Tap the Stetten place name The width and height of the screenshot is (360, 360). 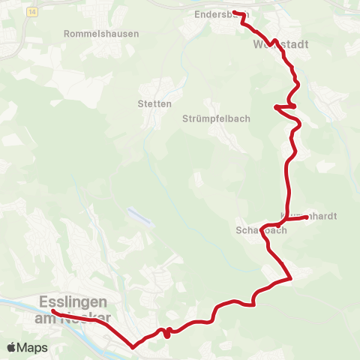click(x=155, y=103)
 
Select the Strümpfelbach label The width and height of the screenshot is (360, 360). click(x=216, y=118)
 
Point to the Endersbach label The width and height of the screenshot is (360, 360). click(x=218, y=14)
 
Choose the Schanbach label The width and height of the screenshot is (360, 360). click(x=261, y=231)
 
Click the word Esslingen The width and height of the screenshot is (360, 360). click(x=71, y=301)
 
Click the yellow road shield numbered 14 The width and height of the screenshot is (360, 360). click(x=30, y=12)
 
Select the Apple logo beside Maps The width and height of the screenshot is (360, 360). click(x=12, y=347)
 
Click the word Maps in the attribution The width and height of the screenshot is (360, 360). click(x=32, y=347)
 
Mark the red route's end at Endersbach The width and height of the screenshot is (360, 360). click(x=234, y=13)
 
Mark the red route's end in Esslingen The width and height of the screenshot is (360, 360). click(x=54, y=310)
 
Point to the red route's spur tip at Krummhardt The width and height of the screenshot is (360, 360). click(x=307, y=217)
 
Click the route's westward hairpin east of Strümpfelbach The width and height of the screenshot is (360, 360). click(x=276, y=107)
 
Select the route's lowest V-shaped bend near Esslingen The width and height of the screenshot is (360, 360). click(x=133, y=347)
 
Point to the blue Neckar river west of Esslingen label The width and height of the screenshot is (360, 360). click(x=15, y=303)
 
